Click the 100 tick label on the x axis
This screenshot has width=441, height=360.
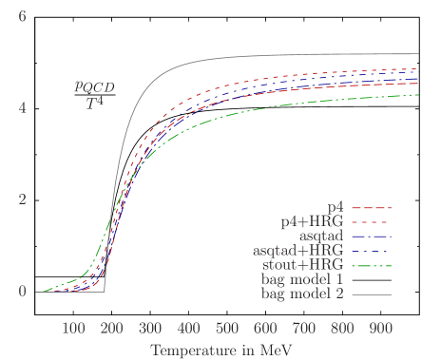[73, 328]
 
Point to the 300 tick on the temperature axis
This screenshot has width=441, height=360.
[150, 328]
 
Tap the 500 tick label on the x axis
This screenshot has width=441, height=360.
[227, 328]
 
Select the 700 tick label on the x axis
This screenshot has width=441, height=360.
[304, 328]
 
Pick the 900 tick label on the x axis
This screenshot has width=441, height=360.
[381, 328]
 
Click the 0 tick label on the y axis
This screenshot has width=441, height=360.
[22, 292]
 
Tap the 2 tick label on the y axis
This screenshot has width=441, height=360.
[22, 199]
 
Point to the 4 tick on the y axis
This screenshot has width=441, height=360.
[22, 107]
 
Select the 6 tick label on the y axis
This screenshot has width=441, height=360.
[22, 16]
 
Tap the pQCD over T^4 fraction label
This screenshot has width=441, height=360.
[94, 93]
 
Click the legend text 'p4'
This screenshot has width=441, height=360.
[335, 206]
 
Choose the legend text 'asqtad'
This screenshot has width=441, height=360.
[322, 236]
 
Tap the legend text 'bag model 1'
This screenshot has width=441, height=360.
[302, 280]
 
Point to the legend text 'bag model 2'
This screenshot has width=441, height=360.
[302, 294]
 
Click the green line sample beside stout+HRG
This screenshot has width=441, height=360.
[372, 266]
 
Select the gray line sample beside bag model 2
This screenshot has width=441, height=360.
[372, 295]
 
